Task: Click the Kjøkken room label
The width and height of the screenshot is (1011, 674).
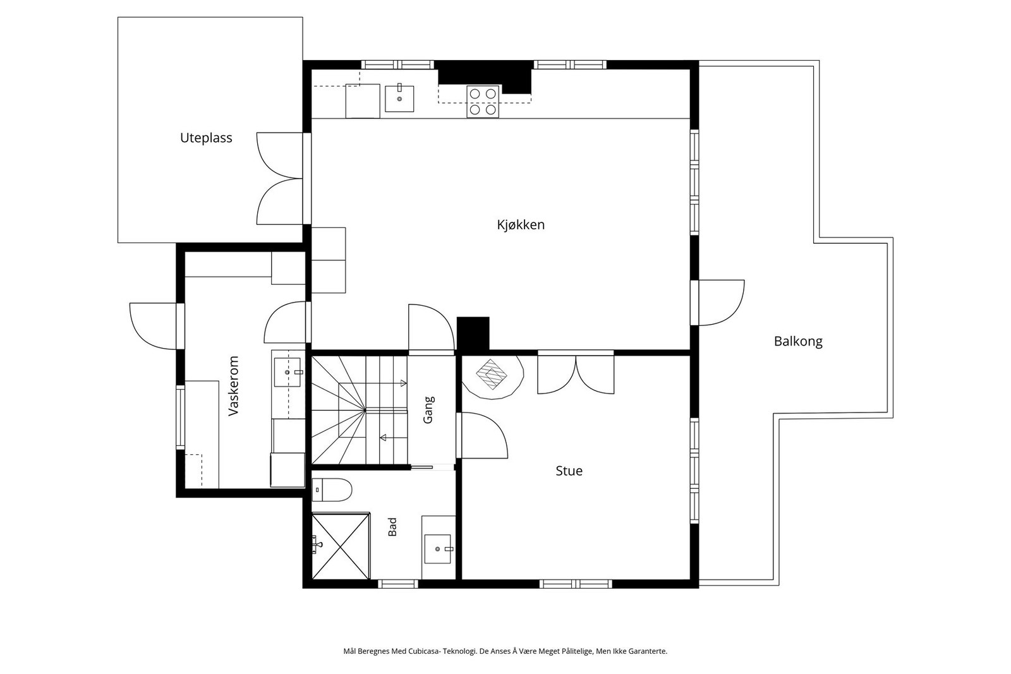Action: pos(521,225)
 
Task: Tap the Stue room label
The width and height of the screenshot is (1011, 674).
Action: pos(569,471)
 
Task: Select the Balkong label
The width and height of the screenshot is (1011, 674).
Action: pos(798,342)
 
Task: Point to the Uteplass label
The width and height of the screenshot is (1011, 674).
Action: pos(206,138)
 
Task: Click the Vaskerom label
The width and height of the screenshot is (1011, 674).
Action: pos(233,386)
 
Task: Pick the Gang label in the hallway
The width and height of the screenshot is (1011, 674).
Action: pos(428,409)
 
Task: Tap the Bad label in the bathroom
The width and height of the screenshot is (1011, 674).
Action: pos(392,526)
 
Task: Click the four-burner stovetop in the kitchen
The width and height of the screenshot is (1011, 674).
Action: pos(483,102)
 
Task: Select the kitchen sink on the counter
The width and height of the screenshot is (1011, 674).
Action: pos(399,98)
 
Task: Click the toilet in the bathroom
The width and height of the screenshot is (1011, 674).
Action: pos(332,490)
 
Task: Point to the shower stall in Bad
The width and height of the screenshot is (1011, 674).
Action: pos(341,546)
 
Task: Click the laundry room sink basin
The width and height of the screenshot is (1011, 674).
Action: pos(288,372)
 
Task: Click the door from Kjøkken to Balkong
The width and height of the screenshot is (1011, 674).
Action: pos(717,303)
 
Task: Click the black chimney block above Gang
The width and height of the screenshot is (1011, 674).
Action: pos(473,334)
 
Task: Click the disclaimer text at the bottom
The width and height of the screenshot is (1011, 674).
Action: pos(505,651)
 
